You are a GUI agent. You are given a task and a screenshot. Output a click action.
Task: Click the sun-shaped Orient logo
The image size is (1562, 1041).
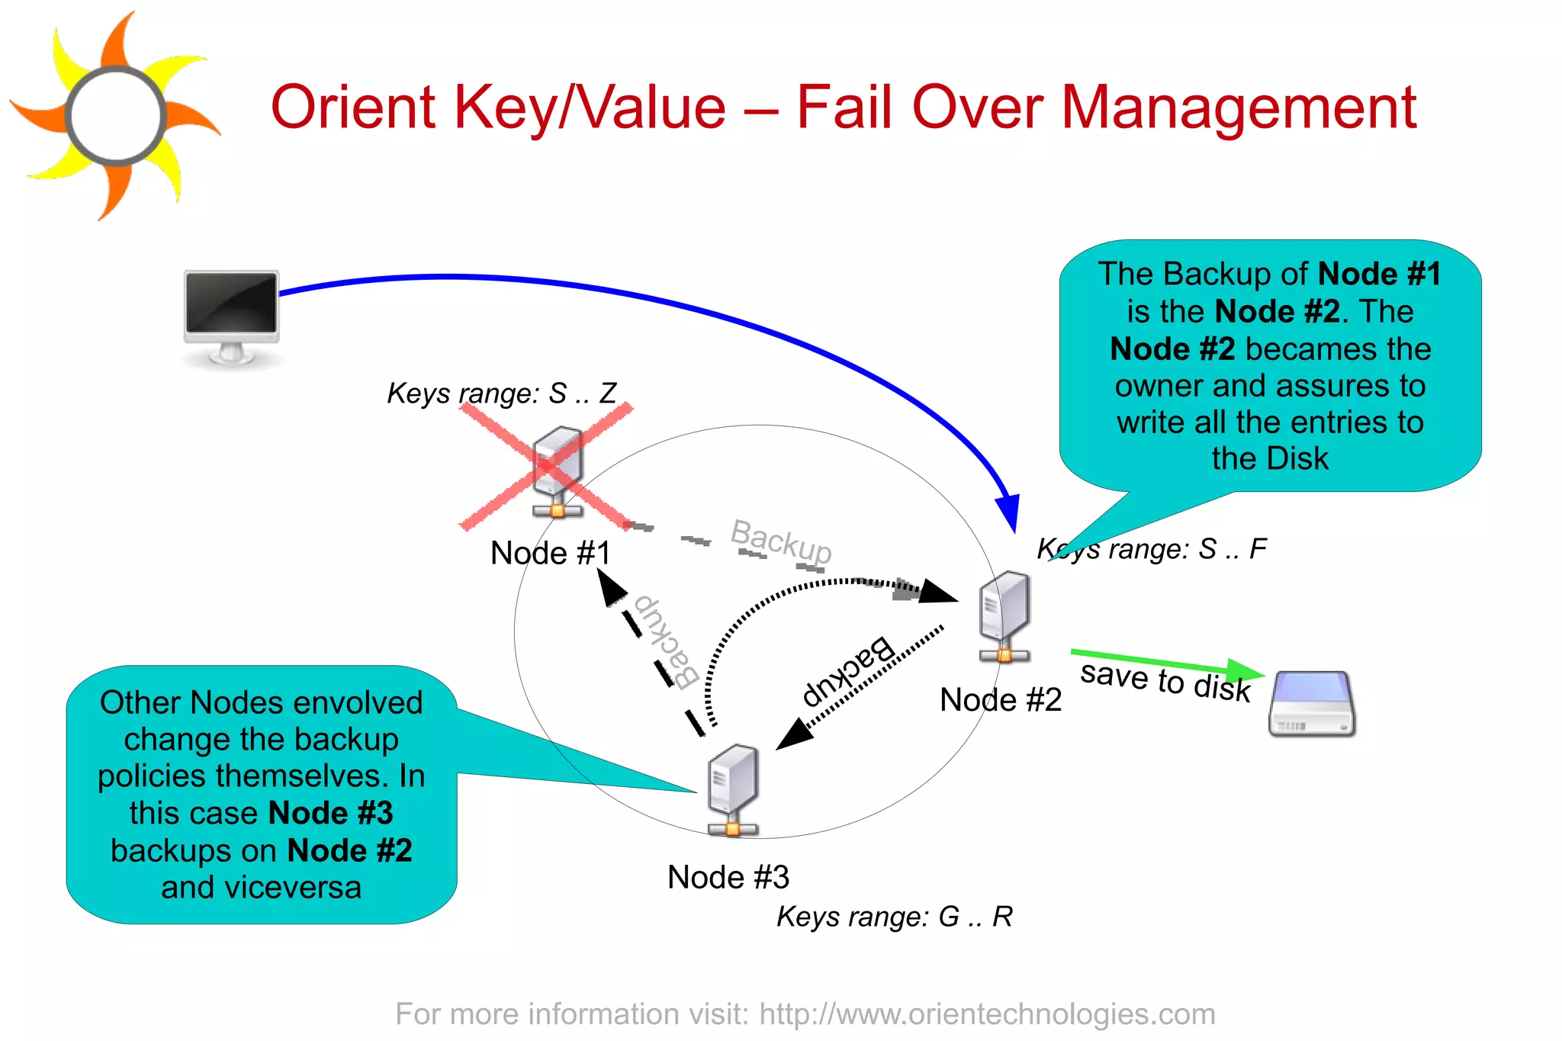pyautogui.click(x=114, y=116)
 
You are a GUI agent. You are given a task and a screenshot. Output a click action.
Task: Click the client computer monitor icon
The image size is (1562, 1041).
pyautogui.click(x=232, y=315)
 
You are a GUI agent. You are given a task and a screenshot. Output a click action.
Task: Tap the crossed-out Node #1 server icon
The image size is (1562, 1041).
pyautogui.click(x=557, y=471)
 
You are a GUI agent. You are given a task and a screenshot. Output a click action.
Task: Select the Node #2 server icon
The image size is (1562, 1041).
pyautogui.click(x=1004, y=616)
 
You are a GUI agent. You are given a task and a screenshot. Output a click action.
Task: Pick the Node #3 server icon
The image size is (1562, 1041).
pyautogui.click(x=732, y=790)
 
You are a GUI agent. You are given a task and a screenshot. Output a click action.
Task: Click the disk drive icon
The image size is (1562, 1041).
pyautogui.click(x=1312, y=703)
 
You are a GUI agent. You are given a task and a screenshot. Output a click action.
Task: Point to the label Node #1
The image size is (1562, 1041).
pyautogui.click(x=550, y=553)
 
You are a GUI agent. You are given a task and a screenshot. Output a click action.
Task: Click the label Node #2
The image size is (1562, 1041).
pyautogui.click(x=1000, y=699)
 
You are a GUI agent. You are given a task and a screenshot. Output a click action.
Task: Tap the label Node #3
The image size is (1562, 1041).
pyautogui.click(x=728, y=877)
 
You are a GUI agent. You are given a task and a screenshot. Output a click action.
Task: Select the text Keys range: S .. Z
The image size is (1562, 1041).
pyautogui.click(x=501, y=394)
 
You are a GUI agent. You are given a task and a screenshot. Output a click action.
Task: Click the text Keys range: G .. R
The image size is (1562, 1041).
pyautogui.click(x=894, y=917)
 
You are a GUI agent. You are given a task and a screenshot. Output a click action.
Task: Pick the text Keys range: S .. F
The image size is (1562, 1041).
pyautogui.click(x=1152, y=549)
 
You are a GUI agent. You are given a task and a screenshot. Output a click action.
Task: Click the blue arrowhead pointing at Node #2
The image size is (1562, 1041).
pyautogui.click(x=1009, y=512)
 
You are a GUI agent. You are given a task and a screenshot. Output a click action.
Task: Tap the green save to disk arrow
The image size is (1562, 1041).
pyautogui.click(x=1167, y=663)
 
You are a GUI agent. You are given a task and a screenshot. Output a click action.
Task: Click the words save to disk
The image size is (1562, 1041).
pyautogui.click(x=1165, y=681)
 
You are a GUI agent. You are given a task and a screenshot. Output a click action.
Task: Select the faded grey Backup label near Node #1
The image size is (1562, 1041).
pyautogui.click(x=780, y=541)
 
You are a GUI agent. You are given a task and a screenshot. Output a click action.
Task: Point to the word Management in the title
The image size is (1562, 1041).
pyautogui.click(x=1239, y=108)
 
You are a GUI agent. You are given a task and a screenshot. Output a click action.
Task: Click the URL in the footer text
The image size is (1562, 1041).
pyautogui.click(x=987, y=1014)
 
